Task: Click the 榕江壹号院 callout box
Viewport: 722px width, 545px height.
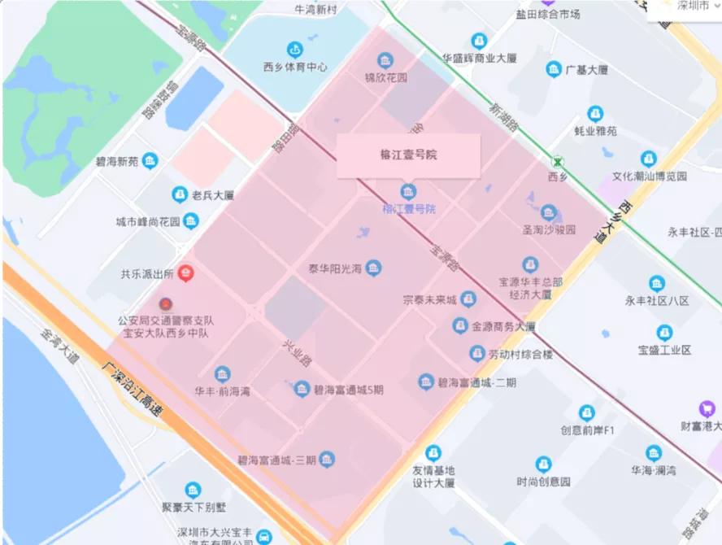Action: pos(408,155)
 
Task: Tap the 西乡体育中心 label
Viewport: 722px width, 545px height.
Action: pos(295,68)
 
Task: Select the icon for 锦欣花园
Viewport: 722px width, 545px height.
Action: pos(385,60)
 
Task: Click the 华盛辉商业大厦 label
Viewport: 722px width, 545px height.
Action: pos(479,59)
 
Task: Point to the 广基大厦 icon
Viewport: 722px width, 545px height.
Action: pos(554,69)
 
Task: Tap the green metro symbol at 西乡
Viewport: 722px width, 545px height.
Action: pos(557,161)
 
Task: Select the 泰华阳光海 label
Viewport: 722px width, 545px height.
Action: pos(334,268)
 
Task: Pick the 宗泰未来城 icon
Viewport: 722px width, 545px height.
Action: pos(468,299)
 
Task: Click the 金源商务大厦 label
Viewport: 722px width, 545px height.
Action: pos(503,327)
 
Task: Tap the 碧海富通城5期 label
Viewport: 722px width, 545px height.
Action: pos(349,390)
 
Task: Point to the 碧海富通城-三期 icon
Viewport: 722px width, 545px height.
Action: pos(327,460)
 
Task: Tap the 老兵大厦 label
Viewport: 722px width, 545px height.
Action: pos(212,195)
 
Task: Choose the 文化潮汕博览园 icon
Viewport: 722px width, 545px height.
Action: pos(648,158)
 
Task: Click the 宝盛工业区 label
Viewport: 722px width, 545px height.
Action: pos(664,351)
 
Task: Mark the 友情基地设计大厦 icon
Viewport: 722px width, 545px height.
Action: pos(433,452)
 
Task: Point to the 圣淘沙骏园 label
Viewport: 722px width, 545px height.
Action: pos(549,230)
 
